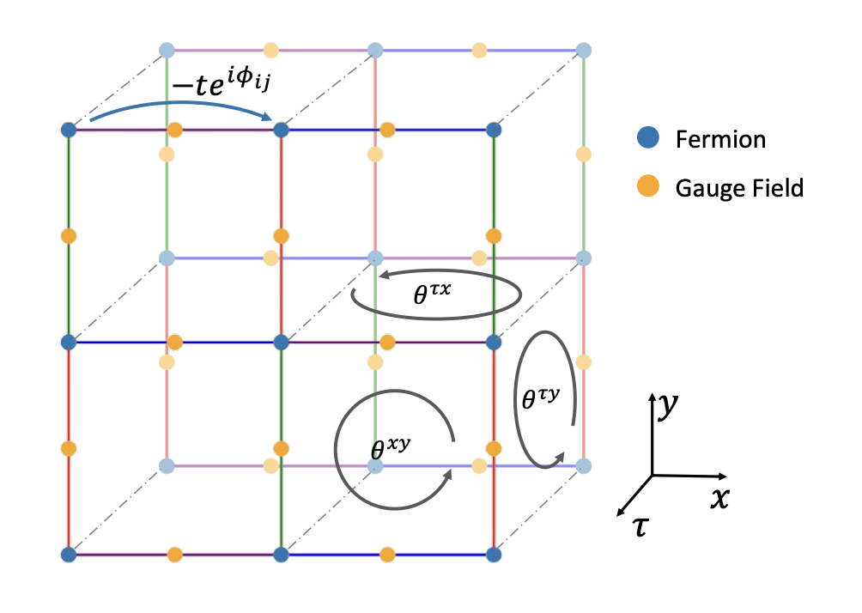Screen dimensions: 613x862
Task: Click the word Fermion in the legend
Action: pyautogui.click(x=720, y=138)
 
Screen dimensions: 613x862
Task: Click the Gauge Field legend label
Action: pyautogui.click(x=739, y=187)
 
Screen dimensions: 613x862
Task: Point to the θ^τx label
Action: pyautogui.click(x=433, y=294)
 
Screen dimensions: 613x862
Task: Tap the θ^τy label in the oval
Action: pyautogui.click(x=542, y=397)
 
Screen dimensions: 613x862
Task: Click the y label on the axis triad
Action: pyautogui.click(x=664, y=406)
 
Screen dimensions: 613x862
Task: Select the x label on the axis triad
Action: pyautogui.click(x=719, y=497)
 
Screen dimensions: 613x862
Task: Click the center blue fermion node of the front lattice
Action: pyautogui.click(x=281, y=342)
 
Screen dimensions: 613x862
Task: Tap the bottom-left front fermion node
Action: pyautogui.click(x=70, y=555)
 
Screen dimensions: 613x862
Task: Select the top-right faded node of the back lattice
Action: pyautogui.click(x=584, y=50)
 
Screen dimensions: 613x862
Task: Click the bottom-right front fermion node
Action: pyautogui.click(x=494, y=555)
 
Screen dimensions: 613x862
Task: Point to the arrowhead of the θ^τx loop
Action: pyautogui.click(x=384, y=275)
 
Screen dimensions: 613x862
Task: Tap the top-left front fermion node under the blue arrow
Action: pyautogui.click(x=70, y=130)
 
